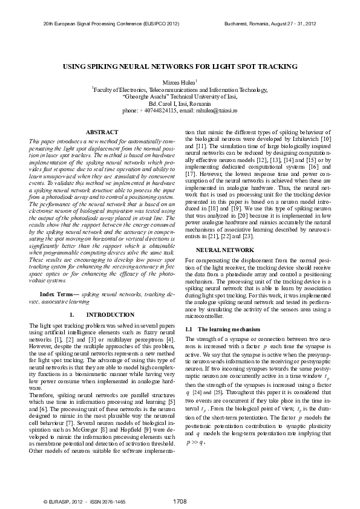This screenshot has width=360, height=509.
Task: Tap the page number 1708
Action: [180, 501]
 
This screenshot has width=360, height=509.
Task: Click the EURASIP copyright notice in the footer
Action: [64, 501]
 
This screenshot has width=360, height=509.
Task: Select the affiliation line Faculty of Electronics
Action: [180, 89]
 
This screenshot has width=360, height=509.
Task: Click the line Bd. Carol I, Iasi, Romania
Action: [180, 103]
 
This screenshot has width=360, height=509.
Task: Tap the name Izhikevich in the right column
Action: [312, 140]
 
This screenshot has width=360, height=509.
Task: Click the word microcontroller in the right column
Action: [204, 315]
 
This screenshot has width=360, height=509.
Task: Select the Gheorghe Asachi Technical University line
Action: [180, 96]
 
